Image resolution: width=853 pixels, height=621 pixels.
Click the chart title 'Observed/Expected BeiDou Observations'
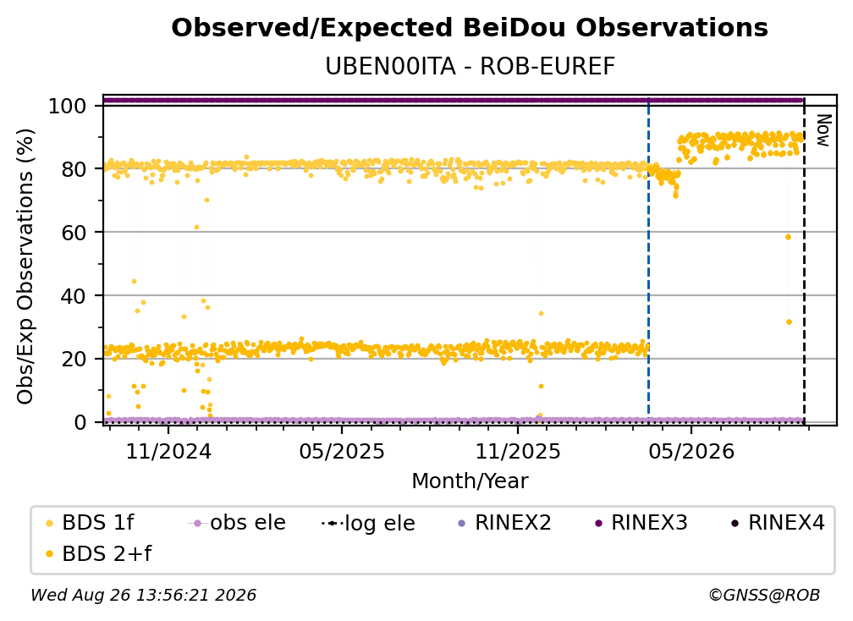pos(470,28)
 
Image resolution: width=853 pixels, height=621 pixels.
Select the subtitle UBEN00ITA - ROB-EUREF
pos(470,66)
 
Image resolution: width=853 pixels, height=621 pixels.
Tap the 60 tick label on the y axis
pos(74,232)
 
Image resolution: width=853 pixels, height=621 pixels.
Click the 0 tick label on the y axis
pos(80,422)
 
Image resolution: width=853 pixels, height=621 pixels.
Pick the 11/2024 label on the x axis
pos(168,451)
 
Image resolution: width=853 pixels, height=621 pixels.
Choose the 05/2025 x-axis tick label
pos(342,451)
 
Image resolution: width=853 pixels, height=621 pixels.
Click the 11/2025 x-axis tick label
pos(517,451)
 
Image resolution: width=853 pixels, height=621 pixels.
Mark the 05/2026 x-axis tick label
pos(691,451)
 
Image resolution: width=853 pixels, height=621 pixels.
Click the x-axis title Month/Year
pos(470,481)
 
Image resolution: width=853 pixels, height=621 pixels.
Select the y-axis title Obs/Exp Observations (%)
pos(25,266)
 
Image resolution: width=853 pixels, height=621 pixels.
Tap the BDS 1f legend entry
pos(91,523)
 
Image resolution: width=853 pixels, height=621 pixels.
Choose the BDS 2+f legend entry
pos(98,553)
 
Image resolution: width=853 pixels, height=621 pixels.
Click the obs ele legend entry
pos(237,523)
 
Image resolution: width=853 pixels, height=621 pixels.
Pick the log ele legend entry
pos(368,523)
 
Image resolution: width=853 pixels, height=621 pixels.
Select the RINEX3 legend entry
pos(641,523)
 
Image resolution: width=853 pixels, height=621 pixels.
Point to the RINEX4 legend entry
pos(778,523)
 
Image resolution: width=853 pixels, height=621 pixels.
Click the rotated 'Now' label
pos(823,130)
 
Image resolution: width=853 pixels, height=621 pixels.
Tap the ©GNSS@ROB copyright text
pos(764,595)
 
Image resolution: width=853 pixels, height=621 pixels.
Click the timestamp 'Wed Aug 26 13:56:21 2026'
pos(143,595)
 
